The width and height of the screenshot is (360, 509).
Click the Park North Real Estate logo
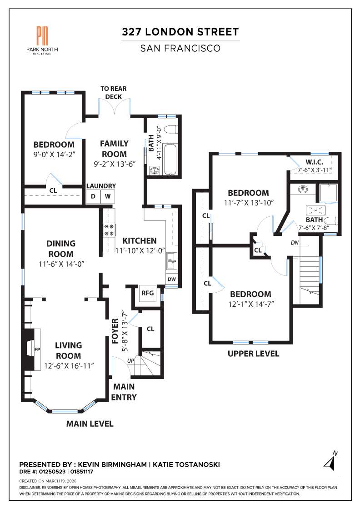pos(42,39)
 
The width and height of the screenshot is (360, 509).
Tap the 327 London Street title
pos(180,32)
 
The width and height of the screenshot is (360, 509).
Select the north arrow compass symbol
pos(331,461)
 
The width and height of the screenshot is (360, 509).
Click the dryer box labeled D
pos(93,196)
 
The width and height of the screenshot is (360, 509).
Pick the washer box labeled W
pos(108,196)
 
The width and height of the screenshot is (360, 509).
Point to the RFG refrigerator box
pos(148,293)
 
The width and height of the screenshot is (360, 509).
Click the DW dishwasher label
pos(172,279)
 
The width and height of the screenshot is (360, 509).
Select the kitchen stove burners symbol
pos(110,230)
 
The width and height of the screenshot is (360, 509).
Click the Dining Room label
pos(60,249)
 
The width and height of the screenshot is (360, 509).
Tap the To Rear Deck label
pos(114,92)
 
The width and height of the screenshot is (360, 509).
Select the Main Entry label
pos(124,392)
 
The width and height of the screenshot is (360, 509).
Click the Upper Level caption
pos(253,354)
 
